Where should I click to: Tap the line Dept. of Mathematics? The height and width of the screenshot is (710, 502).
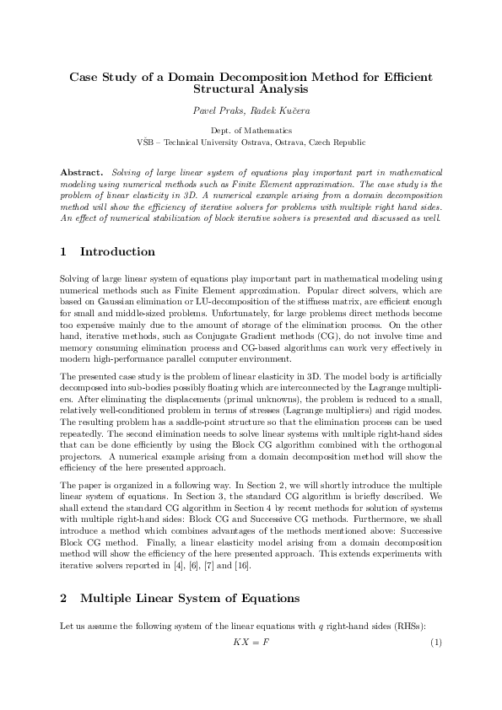coord(251,131)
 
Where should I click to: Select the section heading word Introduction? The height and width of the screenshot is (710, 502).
coord(117,251)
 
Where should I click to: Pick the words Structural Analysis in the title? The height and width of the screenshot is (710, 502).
coord(251,88)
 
